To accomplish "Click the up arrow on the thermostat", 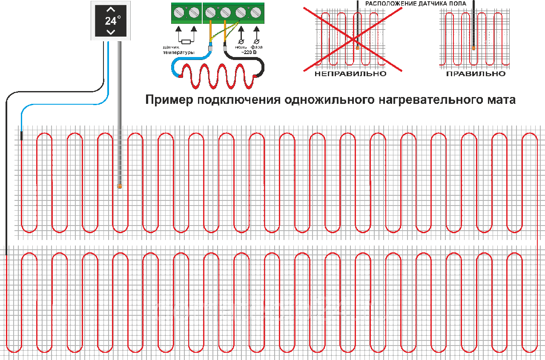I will [110, 9].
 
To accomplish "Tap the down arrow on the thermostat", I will [110, 32].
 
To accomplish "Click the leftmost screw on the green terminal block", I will [179, 13].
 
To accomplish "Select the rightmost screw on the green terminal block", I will [256, 13].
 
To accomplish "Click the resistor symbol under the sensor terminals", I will [186, 42].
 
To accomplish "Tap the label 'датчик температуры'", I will [178, 49].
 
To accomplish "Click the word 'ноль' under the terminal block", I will [241, 47].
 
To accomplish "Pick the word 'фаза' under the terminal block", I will [257, 47].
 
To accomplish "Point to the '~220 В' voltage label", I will [249, 52].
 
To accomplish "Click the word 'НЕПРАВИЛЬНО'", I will [350, 74].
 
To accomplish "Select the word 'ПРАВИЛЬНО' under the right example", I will [476, 74].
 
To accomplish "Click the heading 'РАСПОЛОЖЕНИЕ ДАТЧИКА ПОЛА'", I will [416, 3].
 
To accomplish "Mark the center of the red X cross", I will [353, 39].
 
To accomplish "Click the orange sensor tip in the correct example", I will [473, 49].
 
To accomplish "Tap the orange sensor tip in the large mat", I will [120, 186].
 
